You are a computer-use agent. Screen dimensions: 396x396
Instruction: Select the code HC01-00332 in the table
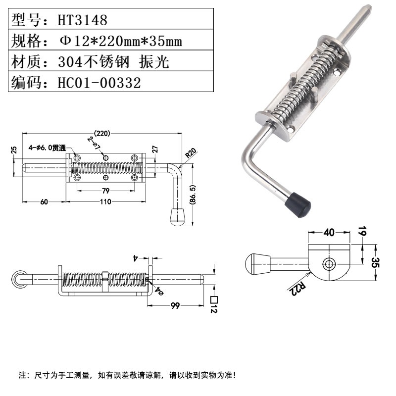point(99,82)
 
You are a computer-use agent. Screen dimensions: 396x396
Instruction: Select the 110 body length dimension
point(104,201)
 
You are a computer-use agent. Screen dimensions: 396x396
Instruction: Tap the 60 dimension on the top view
point(45,201)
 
